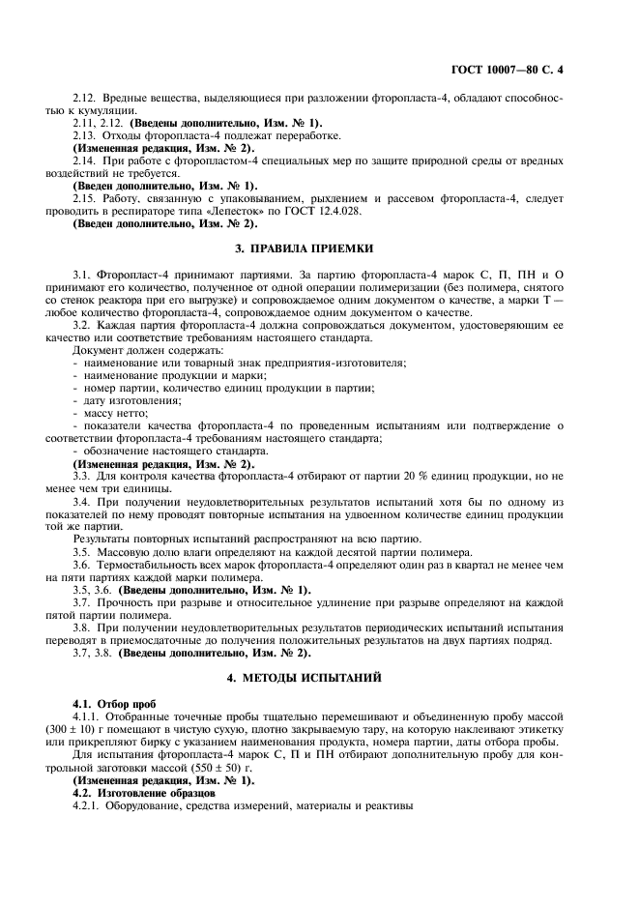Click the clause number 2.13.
(85, 135)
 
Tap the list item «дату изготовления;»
(119, 400)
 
